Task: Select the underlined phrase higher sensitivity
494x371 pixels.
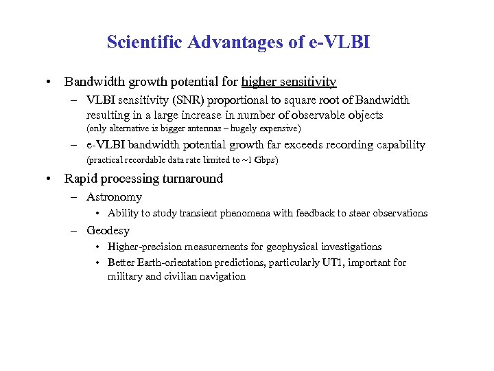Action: pos(289,82)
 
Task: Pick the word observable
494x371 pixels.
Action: pos(317,115)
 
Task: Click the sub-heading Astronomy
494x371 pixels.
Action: pos(114,197)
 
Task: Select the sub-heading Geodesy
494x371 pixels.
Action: pos(108,230)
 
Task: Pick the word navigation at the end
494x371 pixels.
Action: pos(222,276)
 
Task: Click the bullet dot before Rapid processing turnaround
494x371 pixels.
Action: pos(51,179)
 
